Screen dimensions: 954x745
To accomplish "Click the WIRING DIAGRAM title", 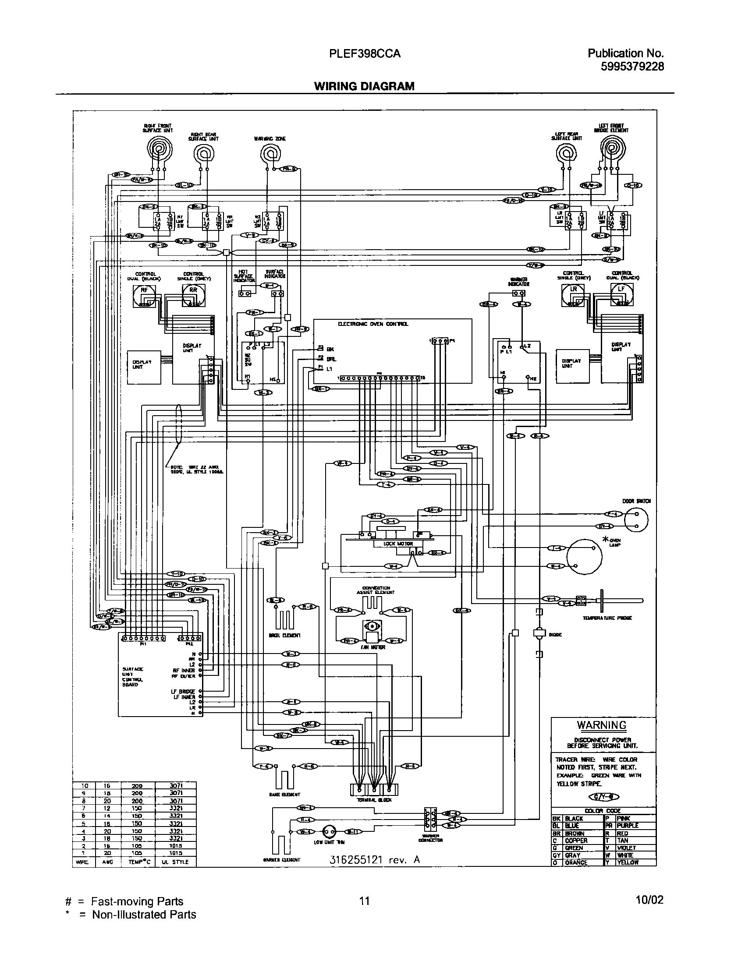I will (x=364, y=86).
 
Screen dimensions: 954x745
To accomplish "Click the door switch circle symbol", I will (x=636, y=520).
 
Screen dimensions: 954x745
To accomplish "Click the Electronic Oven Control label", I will (x=373, y=324).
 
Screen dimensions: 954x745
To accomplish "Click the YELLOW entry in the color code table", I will (x=627, y=862).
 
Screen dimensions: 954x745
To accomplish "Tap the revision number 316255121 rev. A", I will (x=374, y=859).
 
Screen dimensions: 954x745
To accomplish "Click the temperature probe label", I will (x=607, y=618).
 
